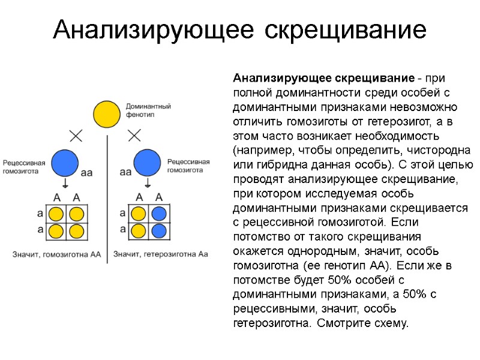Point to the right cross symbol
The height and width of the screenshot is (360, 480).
[x=134, y=135]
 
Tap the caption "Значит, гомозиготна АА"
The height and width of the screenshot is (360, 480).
[x=57, y=254]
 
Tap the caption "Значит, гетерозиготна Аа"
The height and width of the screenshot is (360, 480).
[x=161, y=254]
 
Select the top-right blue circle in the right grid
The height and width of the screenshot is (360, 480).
[x=158, y=213]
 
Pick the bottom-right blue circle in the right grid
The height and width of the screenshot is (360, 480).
[x=158, y=230]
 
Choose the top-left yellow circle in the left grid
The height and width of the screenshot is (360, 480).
[x=56, y=214]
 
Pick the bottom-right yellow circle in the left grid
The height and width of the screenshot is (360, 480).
[x=76, y=231]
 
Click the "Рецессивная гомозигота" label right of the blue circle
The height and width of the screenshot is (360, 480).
[x=188, y=166]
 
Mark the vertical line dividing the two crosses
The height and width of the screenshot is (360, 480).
[x=107, y=198]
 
